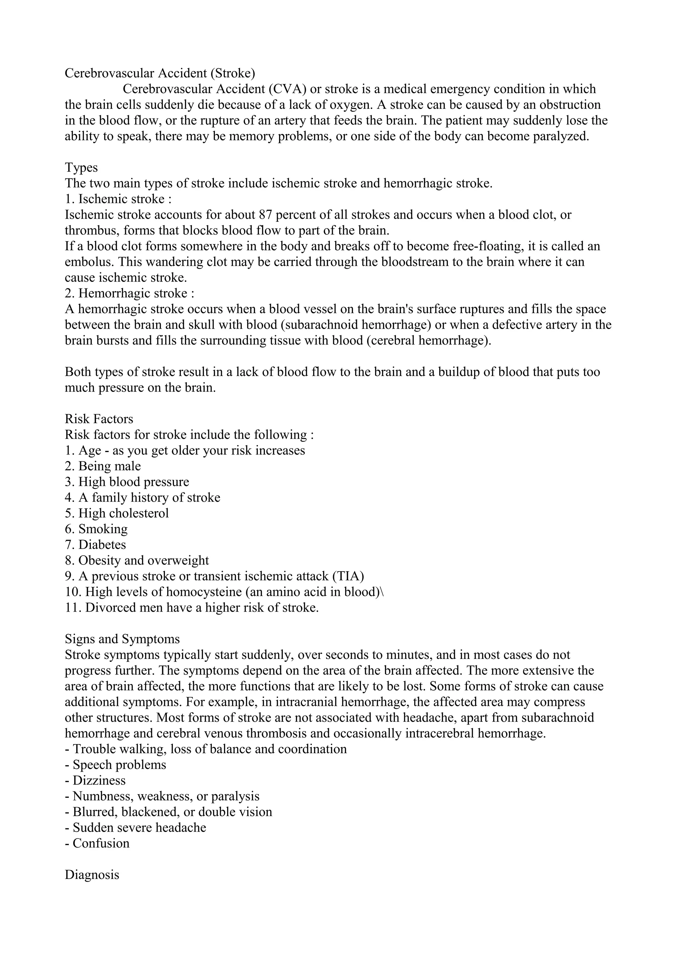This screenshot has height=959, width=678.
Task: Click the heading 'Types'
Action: coord(81,167)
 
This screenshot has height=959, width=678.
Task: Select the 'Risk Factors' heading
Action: coord(99,419)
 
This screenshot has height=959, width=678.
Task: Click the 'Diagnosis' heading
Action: coord(92,875)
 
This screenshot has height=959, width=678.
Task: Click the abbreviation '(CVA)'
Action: coord(287,89)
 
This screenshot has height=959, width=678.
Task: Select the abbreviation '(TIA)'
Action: coord(348,576)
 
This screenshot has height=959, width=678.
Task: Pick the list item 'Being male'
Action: coord(110,466)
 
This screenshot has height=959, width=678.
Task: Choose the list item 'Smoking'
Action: coord(103,529)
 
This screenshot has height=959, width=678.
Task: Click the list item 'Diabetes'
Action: coord(102,545)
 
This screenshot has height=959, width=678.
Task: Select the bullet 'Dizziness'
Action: coord(99,781)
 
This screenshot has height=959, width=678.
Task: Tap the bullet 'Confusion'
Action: coord(101,843)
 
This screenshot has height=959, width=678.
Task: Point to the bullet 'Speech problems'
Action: coord(119,765)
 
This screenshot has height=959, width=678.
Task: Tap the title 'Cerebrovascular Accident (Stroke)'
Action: coord(160,73)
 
